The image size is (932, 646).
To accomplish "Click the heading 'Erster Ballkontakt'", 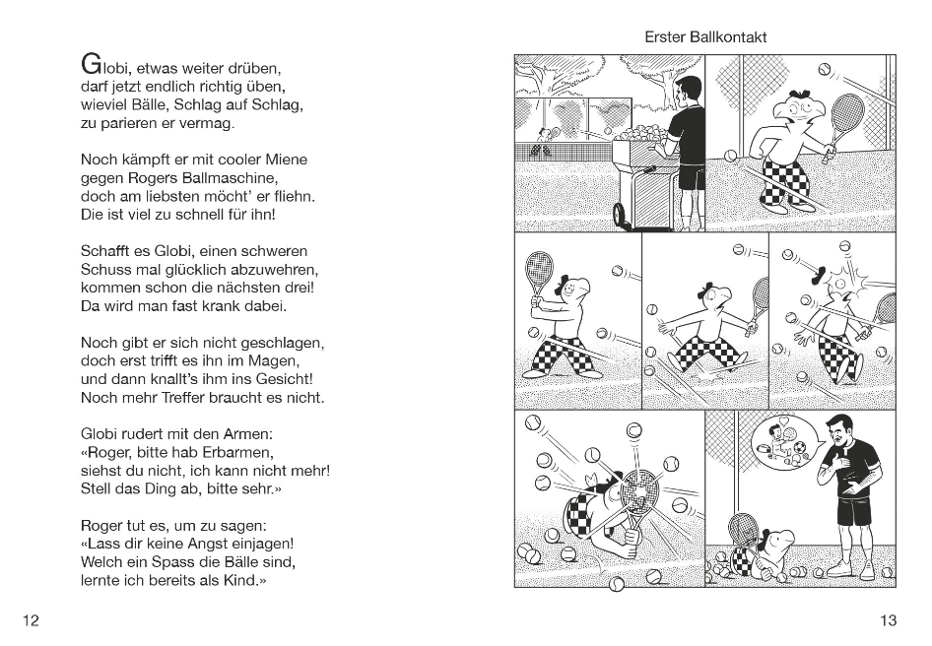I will coord(705,37).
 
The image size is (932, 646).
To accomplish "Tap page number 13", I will coord(888,619).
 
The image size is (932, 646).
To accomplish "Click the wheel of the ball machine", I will coord(623,216).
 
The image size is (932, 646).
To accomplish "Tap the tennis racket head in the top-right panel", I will coord(845,112).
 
